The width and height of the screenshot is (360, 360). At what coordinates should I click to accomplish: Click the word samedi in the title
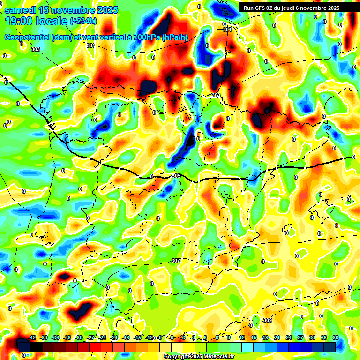22,10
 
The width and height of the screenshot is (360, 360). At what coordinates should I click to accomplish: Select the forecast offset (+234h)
83,21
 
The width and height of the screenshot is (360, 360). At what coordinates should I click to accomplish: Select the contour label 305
177,176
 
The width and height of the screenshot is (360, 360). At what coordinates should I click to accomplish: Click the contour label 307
176,261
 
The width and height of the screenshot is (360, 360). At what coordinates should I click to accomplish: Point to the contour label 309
267,320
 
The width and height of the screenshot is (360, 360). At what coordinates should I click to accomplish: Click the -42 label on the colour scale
32,337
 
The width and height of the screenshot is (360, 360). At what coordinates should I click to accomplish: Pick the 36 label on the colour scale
335,337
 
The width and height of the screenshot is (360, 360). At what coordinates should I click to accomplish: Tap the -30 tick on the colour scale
79,337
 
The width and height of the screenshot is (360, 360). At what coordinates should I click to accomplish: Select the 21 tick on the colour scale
277,337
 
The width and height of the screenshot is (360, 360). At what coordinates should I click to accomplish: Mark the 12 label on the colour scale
241,337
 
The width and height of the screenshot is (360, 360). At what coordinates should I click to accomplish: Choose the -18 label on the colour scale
126,337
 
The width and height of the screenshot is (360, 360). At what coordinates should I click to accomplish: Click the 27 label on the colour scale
300,337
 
